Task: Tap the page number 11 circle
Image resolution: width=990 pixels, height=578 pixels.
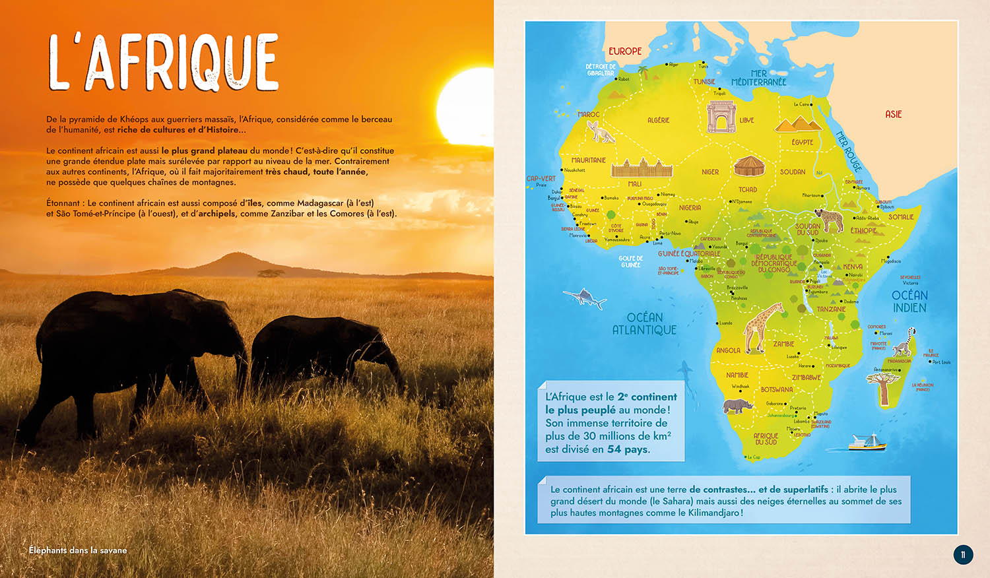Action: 963,554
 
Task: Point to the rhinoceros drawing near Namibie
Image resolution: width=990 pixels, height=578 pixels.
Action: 737,405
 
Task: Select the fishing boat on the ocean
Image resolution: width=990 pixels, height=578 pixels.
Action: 867,442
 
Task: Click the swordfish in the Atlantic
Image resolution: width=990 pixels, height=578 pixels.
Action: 586,298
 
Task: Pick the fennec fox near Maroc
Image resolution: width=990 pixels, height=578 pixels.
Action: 601,131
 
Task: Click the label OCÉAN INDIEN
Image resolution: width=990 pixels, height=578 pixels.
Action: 909,302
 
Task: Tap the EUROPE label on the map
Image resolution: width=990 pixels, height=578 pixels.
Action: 625,51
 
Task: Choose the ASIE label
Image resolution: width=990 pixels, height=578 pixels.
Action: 893,115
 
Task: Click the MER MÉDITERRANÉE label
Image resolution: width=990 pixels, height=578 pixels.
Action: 759,79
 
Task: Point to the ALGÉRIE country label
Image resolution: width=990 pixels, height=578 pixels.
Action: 658,120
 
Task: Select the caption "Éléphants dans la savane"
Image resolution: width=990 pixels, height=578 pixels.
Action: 78,550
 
